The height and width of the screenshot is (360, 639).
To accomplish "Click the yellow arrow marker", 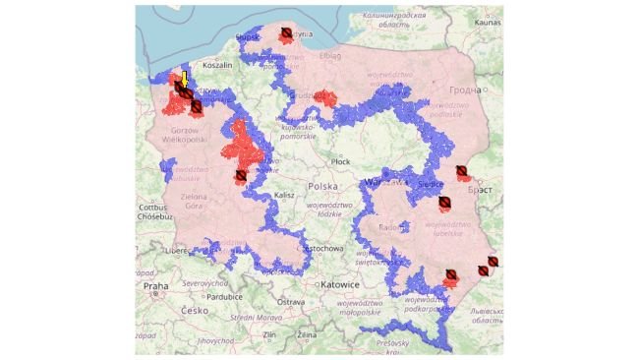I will (x=183, y=78).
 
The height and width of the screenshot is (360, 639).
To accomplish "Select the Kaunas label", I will (x=487, y=21).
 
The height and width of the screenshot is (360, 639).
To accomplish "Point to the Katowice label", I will (x=338, y=283).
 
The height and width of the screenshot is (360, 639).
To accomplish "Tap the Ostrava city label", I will (x=291, y=301).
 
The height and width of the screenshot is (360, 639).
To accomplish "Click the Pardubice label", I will (x=224, y=295).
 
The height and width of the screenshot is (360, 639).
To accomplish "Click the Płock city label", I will (x=340, y=160).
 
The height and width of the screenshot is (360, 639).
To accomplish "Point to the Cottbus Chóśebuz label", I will (x=153, y=211).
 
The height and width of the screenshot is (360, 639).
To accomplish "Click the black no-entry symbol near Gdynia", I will (x=285, y=33).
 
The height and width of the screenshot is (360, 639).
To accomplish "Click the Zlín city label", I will (x=270, y=335).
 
